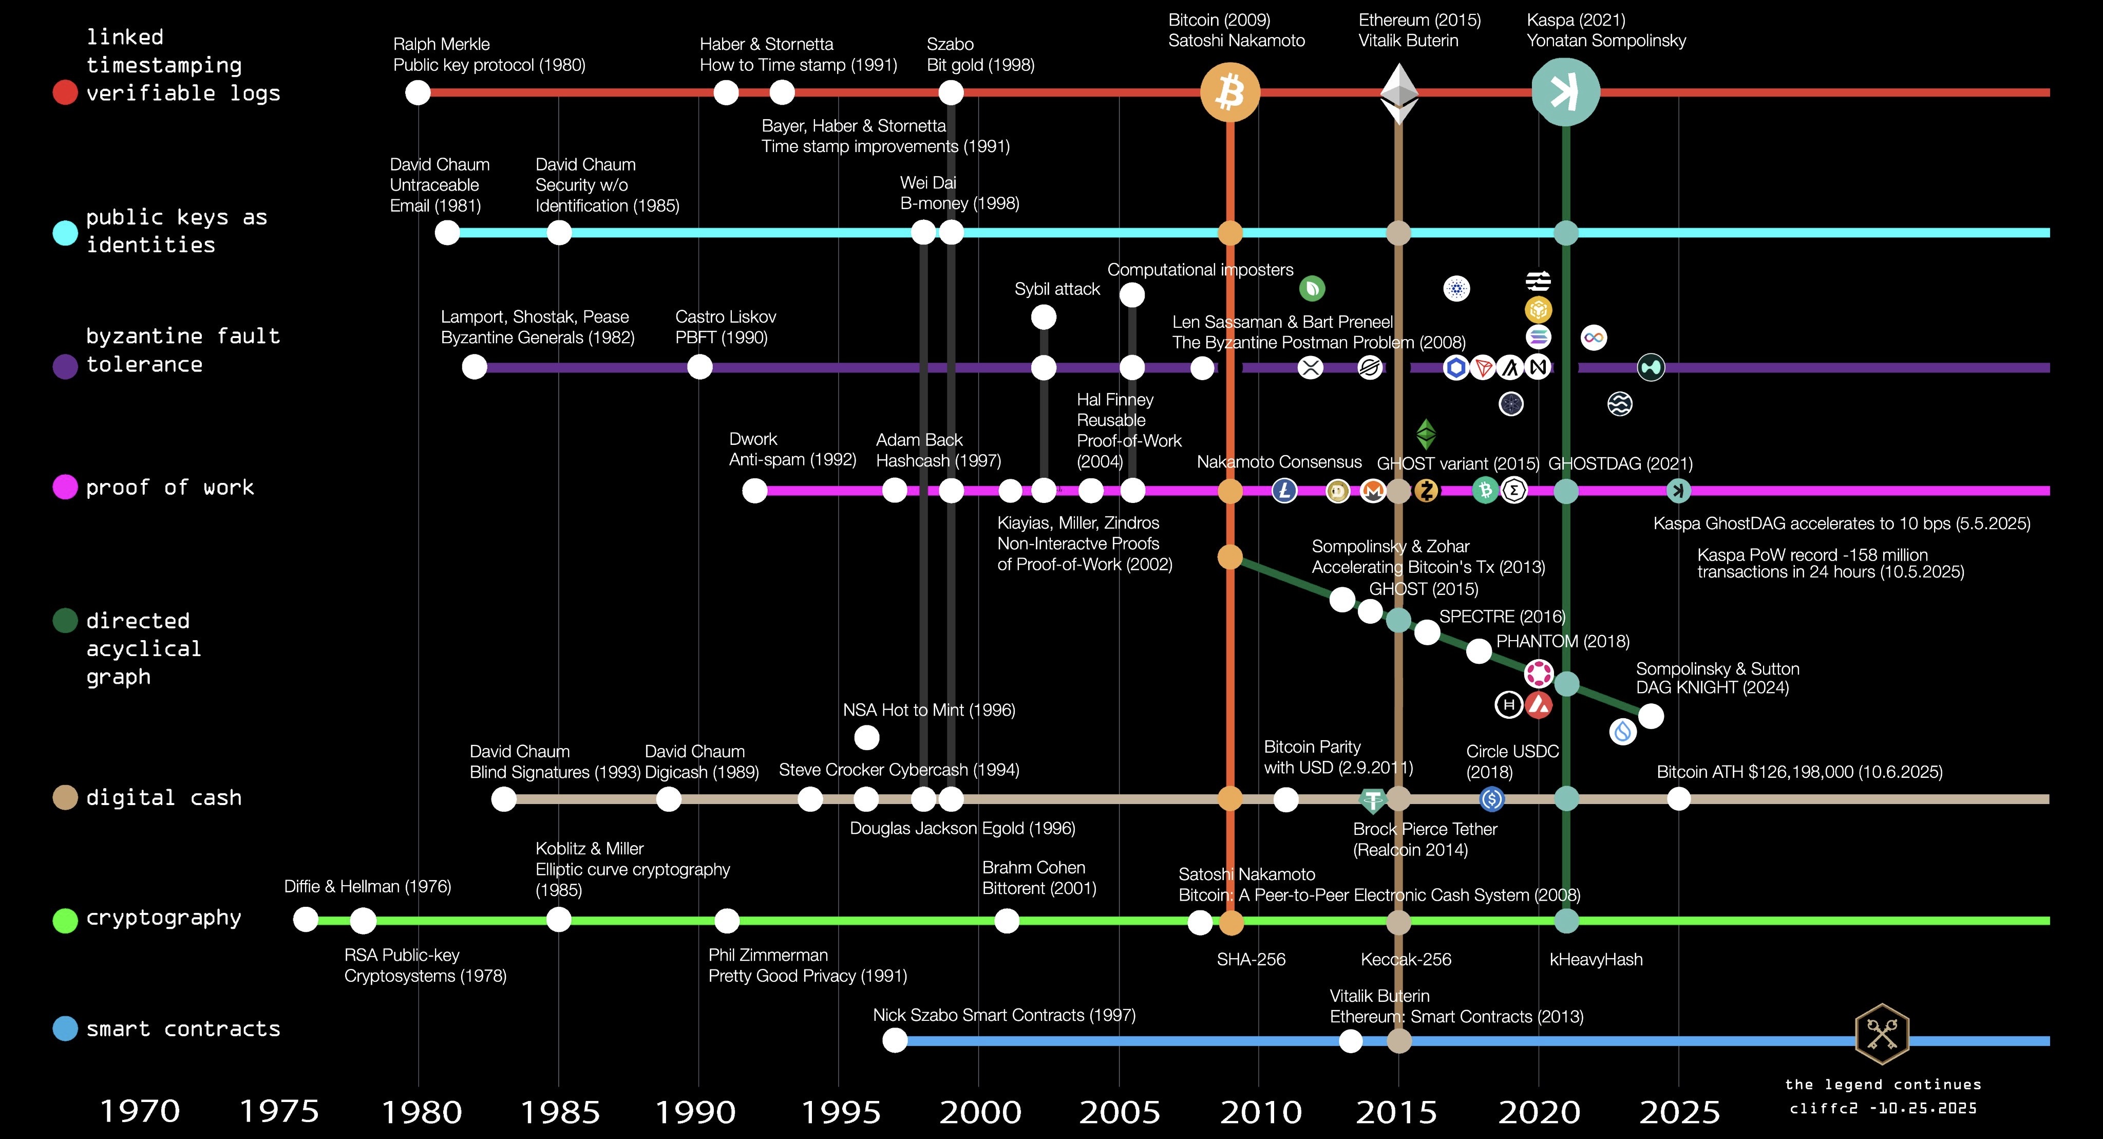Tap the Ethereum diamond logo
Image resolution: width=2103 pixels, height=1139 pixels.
tap(1398, 93)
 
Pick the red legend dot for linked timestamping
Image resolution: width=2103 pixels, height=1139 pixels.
tap(65, 92)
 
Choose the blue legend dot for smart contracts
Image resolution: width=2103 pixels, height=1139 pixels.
tap(65, 1028)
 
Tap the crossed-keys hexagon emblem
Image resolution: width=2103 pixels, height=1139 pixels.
tap(1882, 1034)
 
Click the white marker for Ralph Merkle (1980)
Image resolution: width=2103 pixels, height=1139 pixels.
tap(418, 92)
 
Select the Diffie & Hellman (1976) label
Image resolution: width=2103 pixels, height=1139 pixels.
tap(367, 886)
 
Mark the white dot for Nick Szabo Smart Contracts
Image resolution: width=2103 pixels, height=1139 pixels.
tap(895, 1040)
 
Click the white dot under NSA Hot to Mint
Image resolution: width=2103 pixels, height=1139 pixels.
tap(866, 737)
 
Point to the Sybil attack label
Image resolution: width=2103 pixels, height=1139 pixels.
tap(1057, 289)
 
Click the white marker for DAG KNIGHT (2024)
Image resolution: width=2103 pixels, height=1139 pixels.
tap(1651, 716)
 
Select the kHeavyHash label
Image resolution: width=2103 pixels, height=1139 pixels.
tap(1596, 959)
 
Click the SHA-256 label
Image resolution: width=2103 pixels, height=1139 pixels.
tap(1251, 959)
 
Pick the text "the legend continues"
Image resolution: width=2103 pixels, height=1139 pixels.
tap(1883, 1085)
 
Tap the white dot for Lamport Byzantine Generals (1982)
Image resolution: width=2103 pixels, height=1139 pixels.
tap(475, 367)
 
